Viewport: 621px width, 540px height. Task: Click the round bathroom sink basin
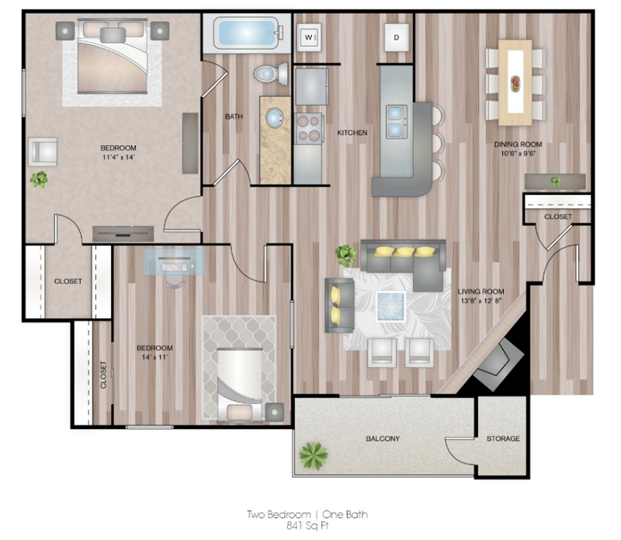[x=275, y=119]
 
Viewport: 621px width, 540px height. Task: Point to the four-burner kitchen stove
[x=308, y=127]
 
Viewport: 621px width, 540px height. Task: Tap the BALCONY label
[x=382, y=439]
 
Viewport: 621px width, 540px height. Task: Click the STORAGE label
[x=503, y=439]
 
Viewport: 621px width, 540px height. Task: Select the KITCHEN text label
[x=352, y=133]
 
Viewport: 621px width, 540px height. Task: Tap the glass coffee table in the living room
[x=391, y=306]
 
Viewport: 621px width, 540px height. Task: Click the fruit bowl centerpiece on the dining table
[x=515, y=81]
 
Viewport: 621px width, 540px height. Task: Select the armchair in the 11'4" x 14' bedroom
[x=43, y=151]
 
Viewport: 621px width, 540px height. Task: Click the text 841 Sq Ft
[x=307, y=525]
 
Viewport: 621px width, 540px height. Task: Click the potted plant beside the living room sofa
[x=344, y=253]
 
